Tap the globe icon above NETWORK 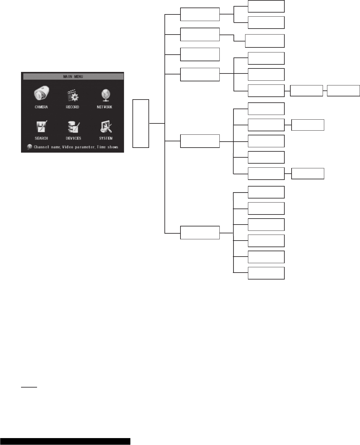(105, 95)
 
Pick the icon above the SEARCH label (41, 127)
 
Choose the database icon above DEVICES (73, 127)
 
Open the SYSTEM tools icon (106, 127)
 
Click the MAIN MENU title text (73, 77)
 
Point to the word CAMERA (41, 107)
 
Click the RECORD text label (73, 107)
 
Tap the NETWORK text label (105, 107)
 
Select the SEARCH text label (41, 138)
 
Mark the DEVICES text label (73, 138)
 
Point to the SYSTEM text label (106, 138)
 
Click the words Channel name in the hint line (47, 147)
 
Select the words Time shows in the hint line (108, 147)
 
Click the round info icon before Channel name (30, 147)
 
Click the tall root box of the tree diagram (141, 123)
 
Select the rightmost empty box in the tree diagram (343, 90)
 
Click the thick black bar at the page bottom (65, 441)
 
